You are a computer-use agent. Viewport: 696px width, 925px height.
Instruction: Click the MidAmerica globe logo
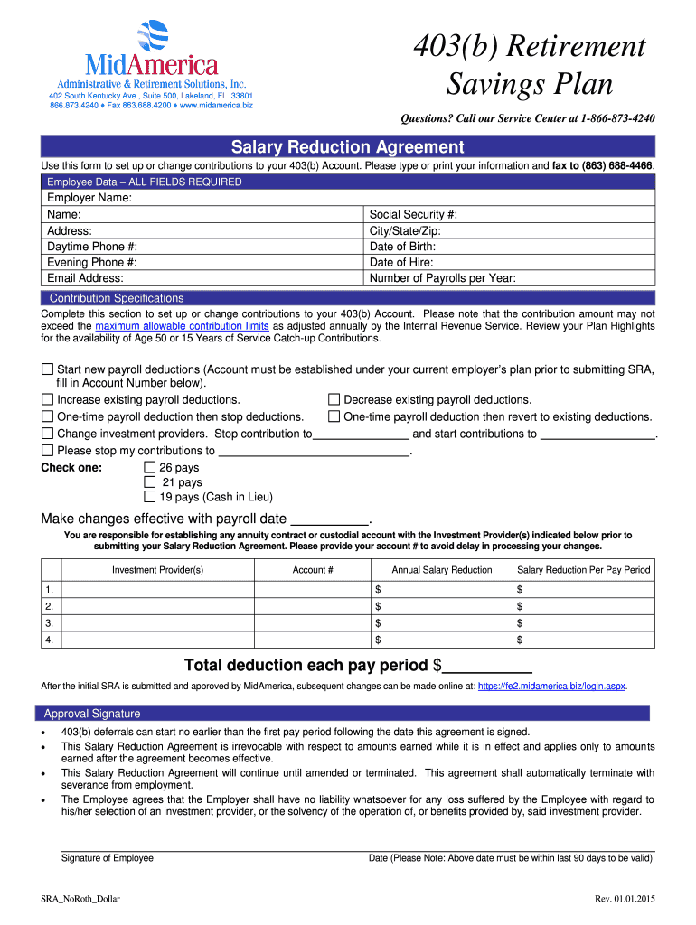tap(152, 38)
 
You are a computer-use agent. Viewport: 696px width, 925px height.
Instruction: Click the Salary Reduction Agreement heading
tap(347, 147)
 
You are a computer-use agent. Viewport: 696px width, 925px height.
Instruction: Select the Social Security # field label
tap(413, 214)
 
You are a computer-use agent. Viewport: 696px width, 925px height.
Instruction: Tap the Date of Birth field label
tap(402, 247)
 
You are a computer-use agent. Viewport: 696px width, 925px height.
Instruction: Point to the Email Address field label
tap(85, 278)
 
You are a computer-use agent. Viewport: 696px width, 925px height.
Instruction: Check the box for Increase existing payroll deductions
tap(47, 399)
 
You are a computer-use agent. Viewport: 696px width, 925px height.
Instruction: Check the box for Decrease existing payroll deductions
tap(334, 399)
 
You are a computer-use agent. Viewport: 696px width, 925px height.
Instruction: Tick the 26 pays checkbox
tap(150, 468)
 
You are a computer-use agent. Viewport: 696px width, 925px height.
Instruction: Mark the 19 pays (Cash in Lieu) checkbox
tap(150, 497)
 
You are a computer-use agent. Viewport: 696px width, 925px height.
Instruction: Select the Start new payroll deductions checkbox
tap(47, 369)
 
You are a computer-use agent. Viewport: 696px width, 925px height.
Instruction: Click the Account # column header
tap(313, 570)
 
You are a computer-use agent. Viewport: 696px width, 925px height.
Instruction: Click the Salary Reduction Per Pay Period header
tap(583, 570)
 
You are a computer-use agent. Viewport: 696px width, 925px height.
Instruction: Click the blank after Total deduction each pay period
tap(486, 667)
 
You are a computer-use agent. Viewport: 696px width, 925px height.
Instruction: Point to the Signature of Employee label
tap(107, 858)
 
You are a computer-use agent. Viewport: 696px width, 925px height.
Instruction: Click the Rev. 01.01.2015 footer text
tap(624, 899)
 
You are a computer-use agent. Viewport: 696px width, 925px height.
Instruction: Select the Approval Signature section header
tap(92, 714)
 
